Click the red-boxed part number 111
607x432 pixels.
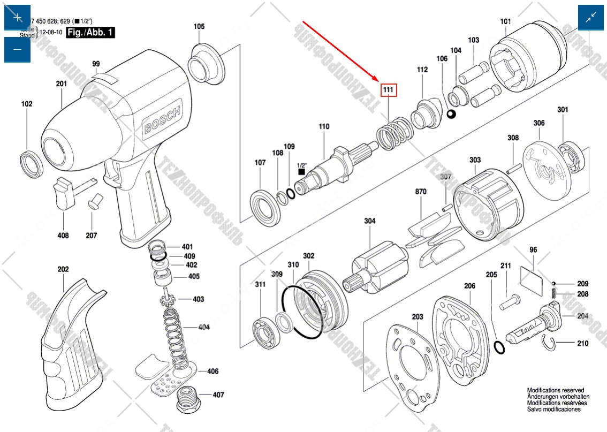[x=389, y=90]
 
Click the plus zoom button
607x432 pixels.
[x=17, y=17]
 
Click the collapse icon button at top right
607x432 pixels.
[x=591, y=17]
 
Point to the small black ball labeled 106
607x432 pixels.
[x=451, y=115]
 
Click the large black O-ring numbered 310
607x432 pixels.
[x=302, y=311]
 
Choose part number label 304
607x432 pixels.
[x=370, y=221]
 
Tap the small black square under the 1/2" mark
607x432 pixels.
[x=301, y=172]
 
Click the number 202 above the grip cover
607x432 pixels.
[x=63, y=269]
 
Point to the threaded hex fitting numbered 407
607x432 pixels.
[x=188, y=397]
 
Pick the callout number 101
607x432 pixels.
[x=506, y=21]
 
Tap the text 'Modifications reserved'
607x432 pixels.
[x=556, y=391]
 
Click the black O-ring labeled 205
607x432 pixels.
[x=498, y=348]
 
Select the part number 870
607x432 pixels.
[x=420, y=191]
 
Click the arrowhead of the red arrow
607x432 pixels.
[x=379, y=81]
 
